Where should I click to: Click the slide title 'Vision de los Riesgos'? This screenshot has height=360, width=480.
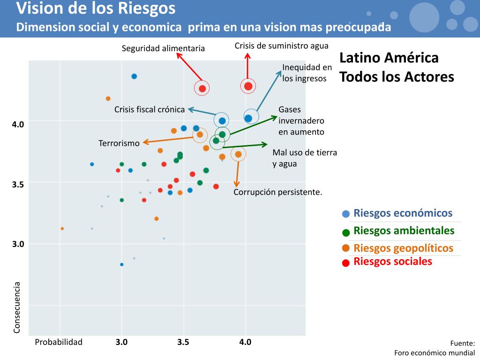click(96, 8)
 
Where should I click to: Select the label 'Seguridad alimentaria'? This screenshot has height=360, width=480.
click(163, 48)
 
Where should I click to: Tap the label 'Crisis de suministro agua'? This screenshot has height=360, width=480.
click(281, 45)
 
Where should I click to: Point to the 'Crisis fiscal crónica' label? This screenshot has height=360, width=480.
click(150, 109)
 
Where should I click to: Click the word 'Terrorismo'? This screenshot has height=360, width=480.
click(119, 143)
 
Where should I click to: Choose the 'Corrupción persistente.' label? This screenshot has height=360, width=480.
click(278, 192)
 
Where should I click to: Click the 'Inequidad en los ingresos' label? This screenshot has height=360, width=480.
click(307, 73)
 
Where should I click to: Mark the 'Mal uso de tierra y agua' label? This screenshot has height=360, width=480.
click(305, 158)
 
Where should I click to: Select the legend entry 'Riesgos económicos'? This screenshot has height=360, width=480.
click(403, 213)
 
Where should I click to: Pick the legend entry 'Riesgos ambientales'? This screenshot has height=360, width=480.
click(404, 230)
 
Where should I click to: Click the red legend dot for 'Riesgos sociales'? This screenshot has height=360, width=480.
click(346, 263)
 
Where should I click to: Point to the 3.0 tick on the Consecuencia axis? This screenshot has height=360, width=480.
click(18, 244)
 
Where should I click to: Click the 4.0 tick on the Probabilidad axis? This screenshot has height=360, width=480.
click(245, 342)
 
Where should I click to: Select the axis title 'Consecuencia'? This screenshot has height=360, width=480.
click(17, 307)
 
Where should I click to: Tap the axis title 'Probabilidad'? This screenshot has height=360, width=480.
click(59, 342)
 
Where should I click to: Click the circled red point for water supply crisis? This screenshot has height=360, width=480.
click(248, 86)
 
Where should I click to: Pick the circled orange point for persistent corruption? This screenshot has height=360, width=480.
click(238, 154)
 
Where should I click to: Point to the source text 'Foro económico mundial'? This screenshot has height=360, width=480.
click(434, 352)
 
